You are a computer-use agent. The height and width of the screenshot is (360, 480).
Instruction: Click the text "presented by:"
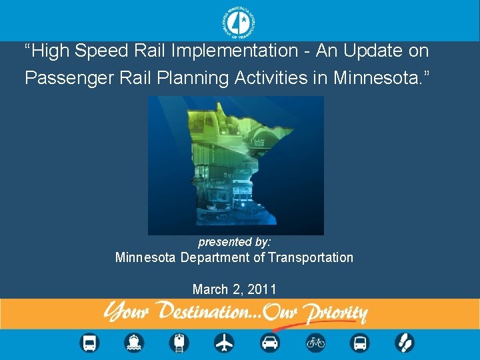[234, 242]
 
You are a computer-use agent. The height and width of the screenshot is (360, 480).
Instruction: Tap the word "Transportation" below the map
[311, 257]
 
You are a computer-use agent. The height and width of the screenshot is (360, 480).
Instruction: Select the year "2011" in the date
[261, 289]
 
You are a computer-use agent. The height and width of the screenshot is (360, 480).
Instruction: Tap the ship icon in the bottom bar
[134, 343]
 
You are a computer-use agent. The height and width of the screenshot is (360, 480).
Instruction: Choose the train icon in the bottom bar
[179, 343]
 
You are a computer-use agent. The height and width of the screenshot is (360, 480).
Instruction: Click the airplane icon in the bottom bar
[224, 343]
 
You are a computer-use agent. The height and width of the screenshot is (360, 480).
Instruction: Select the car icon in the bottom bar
[269, 343]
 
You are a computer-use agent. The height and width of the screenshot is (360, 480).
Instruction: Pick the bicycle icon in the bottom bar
[315, 343]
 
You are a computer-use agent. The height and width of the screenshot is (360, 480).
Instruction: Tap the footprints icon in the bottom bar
[404, 343]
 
